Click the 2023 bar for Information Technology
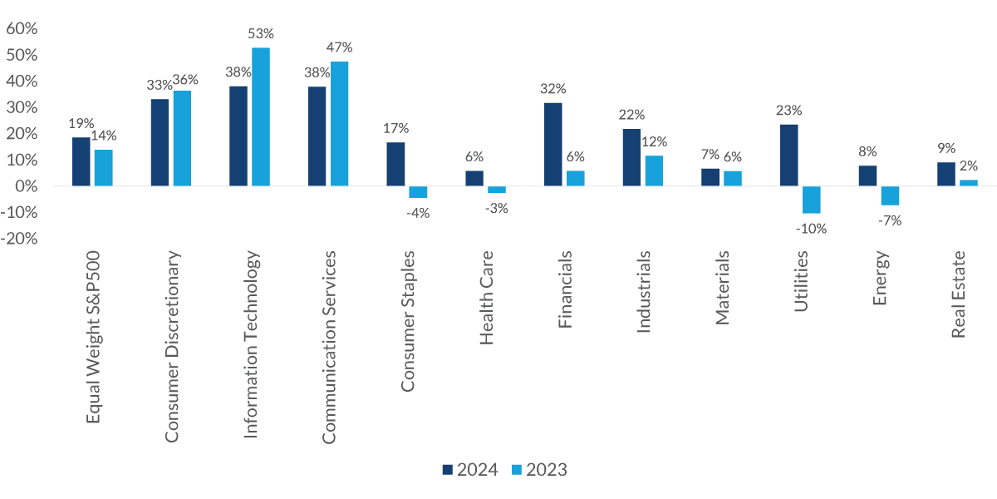pyautogui.click(x=261, y=116)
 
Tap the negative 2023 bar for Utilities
pyautogui.click(x=811, y=200)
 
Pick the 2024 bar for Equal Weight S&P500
pyautogui.click(x=81, y=161)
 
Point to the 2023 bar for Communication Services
pyautogui.click(x=339, y=124)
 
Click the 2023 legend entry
pyautogui.click(x=538, y=470)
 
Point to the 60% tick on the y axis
pyautogui.click(x=22, y=29)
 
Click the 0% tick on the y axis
pyautogui.click(x=27, y=186)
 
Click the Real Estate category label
pyautogui.click(x=958, y=294)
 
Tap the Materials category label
pyautogui.click(x=722, y=288)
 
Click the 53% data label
pyautogui.click(x=261, y=34)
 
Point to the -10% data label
pyautogui.click(x=811, y=229)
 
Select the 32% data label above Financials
pyautogui.click(x=553, y=89)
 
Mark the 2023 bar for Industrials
pyautogui.click(x=654, y=170)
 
